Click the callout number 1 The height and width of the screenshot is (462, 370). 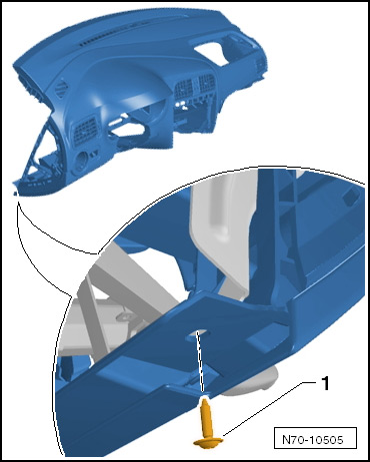[325, 383]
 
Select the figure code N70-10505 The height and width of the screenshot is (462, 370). [313, 440]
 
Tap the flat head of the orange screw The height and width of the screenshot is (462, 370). [208, 442]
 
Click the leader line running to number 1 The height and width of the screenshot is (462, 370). [269, 408]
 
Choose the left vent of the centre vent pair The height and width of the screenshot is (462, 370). [184, 89]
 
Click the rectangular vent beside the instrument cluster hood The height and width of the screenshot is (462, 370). [86, 132]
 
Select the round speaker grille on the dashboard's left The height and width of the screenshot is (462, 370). [61, 88]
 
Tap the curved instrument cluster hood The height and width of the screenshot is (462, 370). [128, 83]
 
